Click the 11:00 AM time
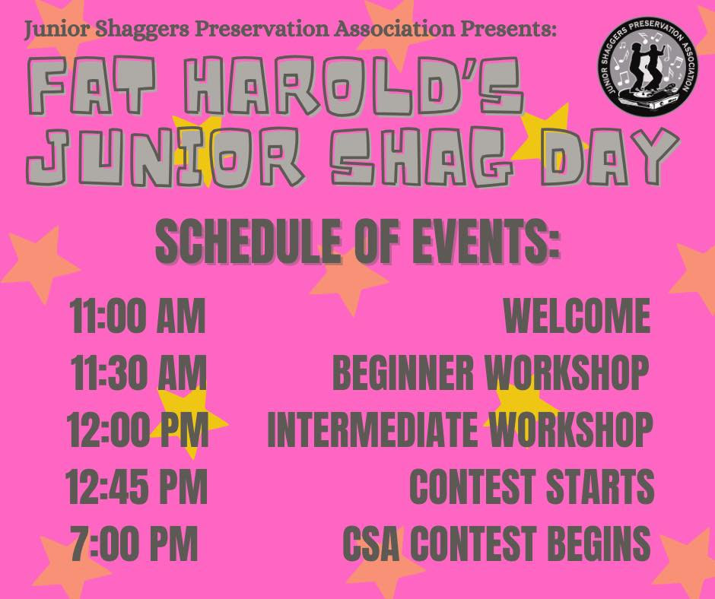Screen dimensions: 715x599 (x=137, y=316)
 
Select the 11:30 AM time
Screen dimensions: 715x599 (x=138, y=373)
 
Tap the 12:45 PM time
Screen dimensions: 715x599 (x=136, y=486)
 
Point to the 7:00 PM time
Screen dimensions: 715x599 (x=135, y=543)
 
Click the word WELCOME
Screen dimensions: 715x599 (x=577, y=316)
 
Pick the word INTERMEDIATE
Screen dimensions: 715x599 (x=372, y=430)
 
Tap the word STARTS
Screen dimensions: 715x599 (x=600, y=486)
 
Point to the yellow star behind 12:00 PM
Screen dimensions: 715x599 (x=187, y=422)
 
